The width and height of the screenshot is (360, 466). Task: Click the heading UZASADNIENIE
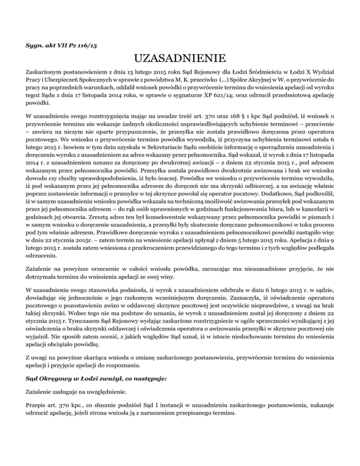click(x=180, y=60)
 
